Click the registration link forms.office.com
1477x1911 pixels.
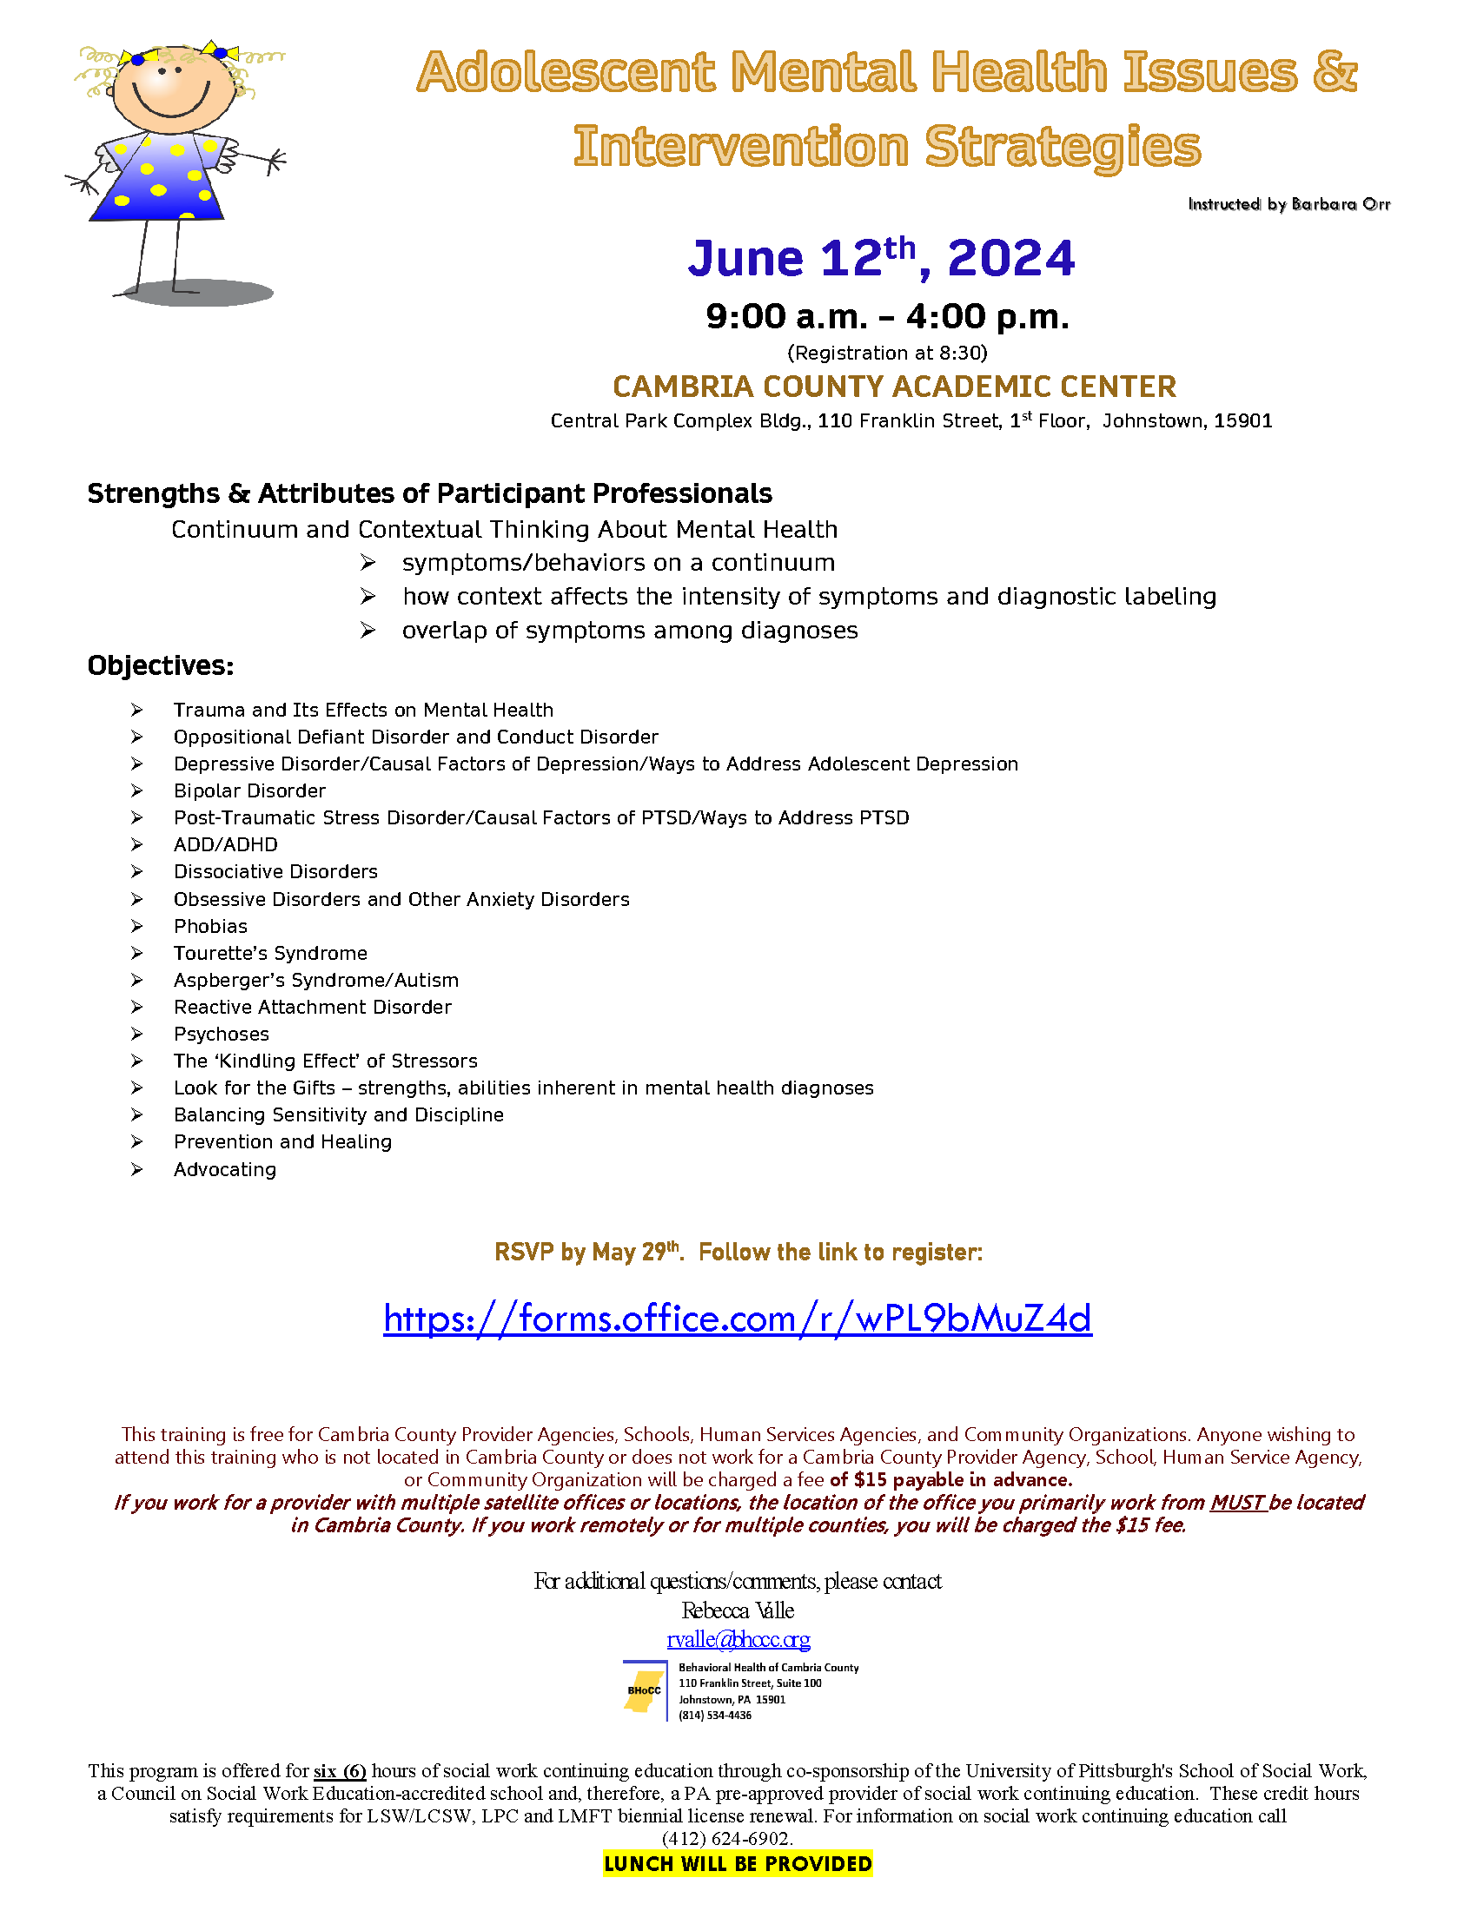click(738, 1318)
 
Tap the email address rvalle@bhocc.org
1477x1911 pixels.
click(738, 1639)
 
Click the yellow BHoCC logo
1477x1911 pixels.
click(643, 1690)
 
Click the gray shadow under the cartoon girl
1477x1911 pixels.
click(200, 293)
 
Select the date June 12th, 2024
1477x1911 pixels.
click(881, 258)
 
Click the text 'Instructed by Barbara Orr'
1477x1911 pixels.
click(1288, 205)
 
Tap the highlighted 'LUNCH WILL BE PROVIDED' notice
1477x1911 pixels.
click(738, 1864)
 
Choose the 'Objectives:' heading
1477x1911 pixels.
click(160, 666)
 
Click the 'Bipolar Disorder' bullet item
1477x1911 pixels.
click(249, 791)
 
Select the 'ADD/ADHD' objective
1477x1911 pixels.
click(226, 844)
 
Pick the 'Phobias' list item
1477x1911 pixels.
click(210, 926)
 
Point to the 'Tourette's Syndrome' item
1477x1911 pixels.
click(270, 953)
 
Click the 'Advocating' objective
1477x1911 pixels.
click(225, 1169)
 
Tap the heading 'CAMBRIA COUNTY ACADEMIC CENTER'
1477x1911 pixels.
click(894, 387)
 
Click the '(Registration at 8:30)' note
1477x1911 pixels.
click(887, 353)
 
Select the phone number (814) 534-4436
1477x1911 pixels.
click(715, 1715)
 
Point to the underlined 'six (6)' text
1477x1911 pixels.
click(340, 1771)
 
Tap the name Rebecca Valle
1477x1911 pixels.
click(738, 1610)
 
